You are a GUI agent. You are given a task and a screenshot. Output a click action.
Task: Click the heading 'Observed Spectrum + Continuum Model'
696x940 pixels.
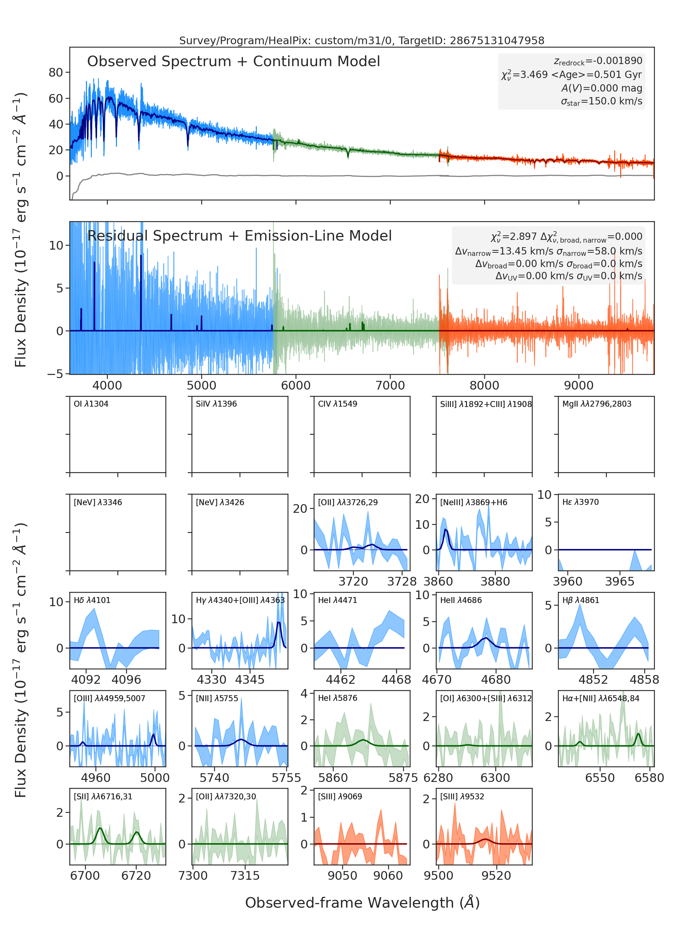click(234, 62)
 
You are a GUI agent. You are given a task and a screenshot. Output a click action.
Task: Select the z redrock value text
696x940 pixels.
click(598, 61)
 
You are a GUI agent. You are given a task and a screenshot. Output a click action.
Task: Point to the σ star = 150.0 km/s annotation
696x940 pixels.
click(601, 101)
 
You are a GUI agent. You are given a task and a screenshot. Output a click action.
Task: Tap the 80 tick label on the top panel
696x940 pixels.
click(56, 72)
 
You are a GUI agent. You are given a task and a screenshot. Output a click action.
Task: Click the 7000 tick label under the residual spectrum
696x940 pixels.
click(390, 385)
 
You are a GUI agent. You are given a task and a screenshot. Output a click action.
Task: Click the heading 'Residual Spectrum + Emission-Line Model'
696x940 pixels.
click(239, 236)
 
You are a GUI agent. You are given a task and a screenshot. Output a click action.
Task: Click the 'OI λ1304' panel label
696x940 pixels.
click(91, 404)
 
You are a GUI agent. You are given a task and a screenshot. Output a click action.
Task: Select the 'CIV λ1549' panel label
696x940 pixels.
click(338, 404)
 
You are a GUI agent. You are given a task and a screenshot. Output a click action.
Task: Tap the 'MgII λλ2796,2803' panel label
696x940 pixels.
click(596, 404)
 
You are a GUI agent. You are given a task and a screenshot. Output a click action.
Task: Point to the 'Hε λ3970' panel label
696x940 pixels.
click(580, 502)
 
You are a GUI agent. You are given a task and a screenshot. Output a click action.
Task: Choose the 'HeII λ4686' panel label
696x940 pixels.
click(461, 600)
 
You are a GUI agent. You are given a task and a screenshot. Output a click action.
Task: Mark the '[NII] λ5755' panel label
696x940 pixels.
click(217, 698)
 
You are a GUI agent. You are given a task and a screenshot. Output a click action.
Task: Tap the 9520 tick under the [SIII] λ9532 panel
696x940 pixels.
click(496, 876)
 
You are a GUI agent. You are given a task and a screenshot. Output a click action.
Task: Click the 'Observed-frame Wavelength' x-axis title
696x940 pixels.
click(362, 903)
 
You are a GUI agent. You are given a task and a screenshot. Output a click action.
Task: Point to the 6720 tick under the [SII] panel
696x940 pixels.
click(136, 876)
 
